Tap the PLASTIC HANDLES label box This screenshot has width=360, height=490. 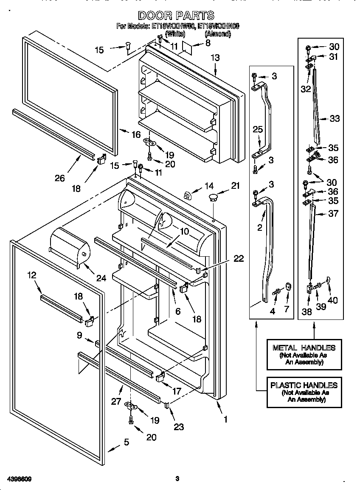pos(304,392)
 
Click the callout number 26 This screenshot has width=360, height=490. pos(60,178)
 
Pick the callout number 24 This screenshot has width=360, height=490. pos(101,278)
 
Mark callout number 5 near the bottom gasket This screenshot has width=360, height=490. pos(126,442)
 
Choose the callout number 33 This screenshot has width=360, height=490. pos(335,119)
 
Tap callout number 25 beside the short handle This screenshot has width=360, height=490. pos(258,129)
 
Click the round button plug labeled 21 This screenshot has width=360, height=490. pos(212,197)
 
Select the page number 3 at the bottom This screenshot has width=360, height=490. pos(177,479)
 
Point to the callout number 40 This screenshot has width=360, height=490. pos(333,300)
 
